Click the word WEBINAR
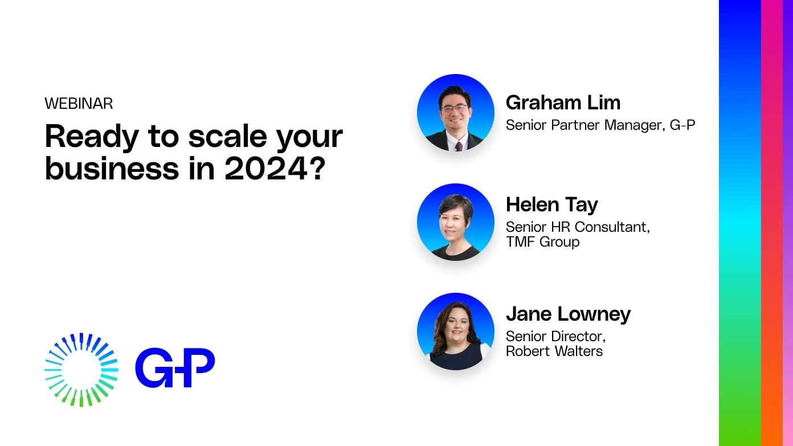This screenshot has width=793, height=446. [x=79, y=104]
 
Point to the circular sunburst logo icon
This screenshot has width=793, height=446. [x=81, y=370]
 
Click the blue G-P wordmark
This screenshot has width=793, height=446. [x=174, y=368]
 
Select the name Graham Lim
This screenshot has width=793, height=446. [x=563, y=103]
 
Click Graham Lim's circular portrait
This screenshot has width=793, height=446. [x=455, y=113]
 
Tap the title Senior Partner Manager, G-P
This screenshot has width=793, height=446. [x=600, y=125]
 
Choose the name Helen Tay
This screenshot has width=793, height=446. [x=551, y=204]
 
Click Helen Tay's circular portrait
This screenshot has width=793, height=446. [x=455, y=222]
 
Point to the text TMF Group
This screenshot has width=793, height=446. [x=542, y=242]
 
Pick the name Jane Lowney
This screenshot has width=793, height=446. [x=568, y=314]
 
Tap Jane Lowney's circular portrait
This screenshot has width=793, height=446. [x=455, y=332]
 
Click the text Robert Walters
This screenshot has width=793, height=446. [x=554, y=351]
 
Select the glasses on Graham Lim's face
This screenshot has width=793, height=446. [x=454, y=108]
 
